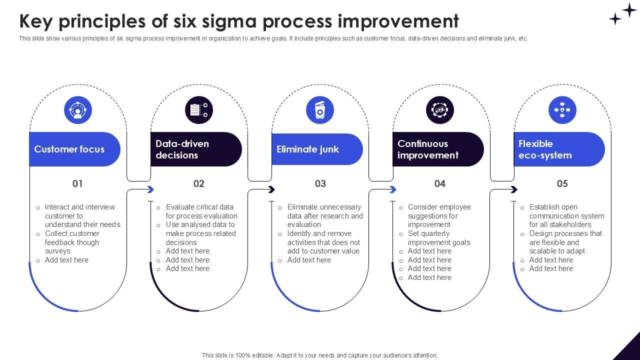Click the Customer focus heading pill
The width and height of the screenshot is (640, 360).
point(74,149)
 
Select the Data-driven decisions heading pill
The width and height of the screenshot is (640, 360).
point(195,149)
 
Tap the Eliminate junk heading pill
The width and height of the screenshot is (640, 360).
point(317,149)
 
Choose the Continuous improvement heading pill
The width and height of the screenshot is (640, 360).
point(438,149)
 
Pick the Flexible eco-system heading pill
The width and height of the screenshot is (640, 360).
point(559,149)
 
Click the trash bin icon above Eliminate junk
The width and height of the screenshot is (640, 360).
point(320,110)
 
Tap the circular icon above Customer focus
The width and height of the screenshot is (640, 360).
point(78,110)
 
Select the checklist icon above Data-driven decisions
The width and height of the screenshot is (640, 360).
point(199,110)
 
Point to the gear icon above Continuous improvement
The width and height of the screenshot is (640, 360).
point(440,110)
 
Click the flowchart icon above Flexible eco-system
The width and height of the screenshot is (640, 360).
point(562,110)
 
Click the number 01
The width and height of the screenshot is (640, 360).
point(77,183)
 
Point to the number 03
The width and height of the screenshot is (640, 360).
point(320,183)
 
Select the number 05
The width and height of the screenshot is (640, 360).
point(562,183)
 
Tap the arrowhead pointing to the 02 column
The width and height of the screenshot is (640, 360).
point(150,189)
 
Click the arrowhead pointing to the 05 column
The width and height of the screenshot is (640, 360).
point(514,189)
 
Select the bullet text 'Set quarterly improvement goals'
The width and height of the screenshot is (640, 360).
point(438,238)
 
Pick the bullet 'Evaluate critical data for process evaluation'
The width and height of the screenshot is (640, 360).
point(201,211)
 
